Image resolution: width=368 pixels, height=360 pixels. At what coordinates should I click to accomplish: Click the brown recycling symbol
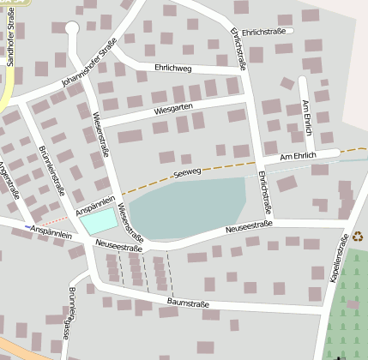point(357,236)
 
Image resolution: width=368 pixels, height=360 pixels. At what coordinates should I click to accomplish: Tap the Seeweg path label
point(186,173)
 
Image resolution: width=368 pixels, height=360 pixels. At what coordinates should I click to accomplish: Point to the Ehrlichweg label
point(172,66)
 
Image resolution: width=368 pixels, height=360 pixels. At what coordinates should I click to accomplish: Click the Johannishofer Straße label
point(88,69)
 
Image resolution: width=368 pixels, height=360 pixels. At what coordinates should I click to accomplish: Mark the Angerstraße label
point(12,180)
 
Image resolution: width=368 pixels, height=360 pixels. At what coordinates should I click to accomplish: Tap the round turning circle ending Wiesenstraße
point(71,28)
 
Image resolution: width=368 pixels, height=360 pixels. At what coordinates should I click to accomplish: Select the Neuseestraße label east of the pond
point(249,227)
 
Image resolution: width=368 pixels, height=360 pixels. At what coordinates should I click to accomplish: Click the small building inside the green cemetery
point(344,353)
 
